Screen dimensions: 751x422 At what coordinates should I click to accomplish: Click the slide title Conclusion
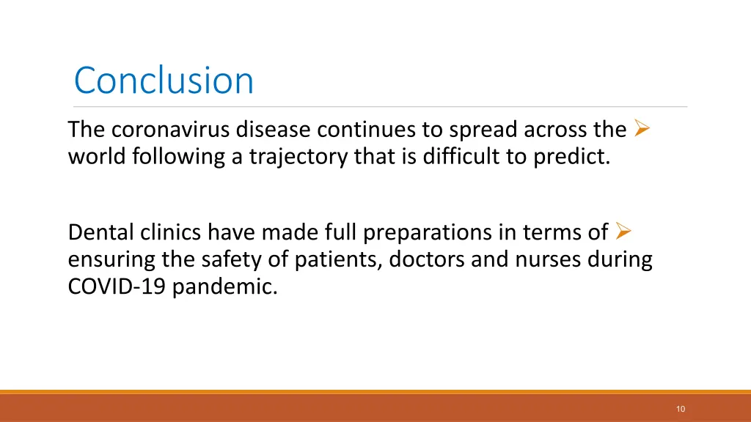click(164, 81)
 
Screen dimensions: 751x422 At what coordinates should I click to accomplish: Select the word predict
click(571, 157)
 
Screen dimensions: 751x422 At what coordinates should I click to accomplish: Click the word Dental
click(98, 232)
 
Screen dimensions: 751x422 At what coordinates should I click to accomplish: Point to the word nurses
click(552, 259)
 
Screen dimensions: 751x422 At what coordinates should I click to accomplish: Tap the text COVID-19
click(117, 286)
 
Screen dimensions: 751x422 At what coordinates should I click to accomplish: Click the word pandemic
click(225, 286)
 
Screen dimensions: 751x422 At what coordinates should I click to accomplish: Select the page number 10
click(681, 409)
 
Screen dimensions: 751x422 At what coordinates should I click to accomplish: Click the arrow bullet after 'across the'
click(642, 130)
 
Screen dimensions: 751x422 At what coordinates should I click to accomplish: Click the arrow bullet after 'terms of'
click(623, 232)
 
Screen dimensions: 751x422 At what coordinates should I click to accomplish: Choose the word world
click(98, 157)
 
